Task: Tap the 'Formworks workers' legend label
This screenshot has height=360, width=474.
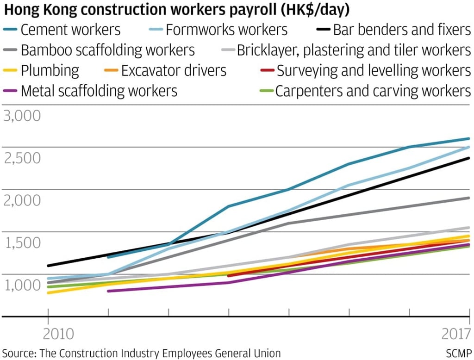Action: [226, 30]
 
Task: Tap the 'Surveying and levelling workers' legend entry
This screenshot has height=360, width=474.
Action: [374, 71]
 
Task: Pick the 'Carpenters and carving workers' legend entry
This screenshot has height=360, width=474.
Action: [373, 91]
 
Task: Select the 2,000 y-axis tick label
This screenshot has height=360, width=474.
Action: [22, 200]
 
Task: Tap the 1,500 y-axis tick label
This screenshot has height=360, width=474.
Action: [22, 242]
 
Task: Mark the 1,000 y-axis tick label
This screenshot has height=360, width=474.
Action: [22, 285]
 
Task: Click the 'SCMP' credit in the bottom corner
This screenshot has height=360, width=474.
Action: [459, 353]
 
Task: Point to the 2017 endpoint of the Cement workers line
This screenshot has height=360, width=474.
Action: [469, 138]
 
